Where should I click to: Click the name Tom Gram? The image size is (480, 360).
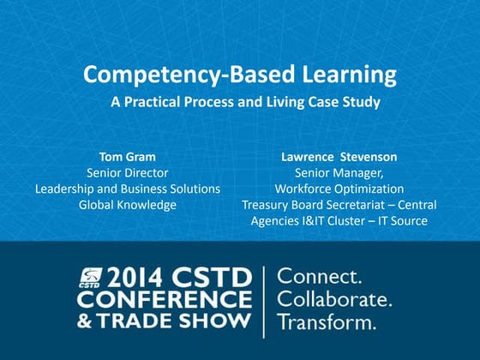127,157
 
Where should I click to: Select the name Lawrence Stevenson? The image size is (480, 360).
339,157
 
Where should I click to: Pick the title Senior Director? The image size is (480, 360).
127,172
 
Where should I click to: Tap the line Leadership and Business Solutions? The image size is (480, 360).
127,189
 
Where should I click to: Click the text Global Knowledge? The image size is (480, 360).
127,205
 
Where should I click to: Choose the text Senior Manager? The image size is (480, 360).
339,172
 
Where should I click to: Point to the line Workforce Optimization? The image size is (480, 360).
339,189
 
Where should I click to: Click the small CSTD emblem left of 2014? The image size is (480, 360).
88,277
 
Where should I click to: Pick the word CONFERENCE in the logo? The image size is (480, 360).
164,301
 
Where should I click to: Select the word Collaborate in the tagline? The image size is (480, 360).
335,301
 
